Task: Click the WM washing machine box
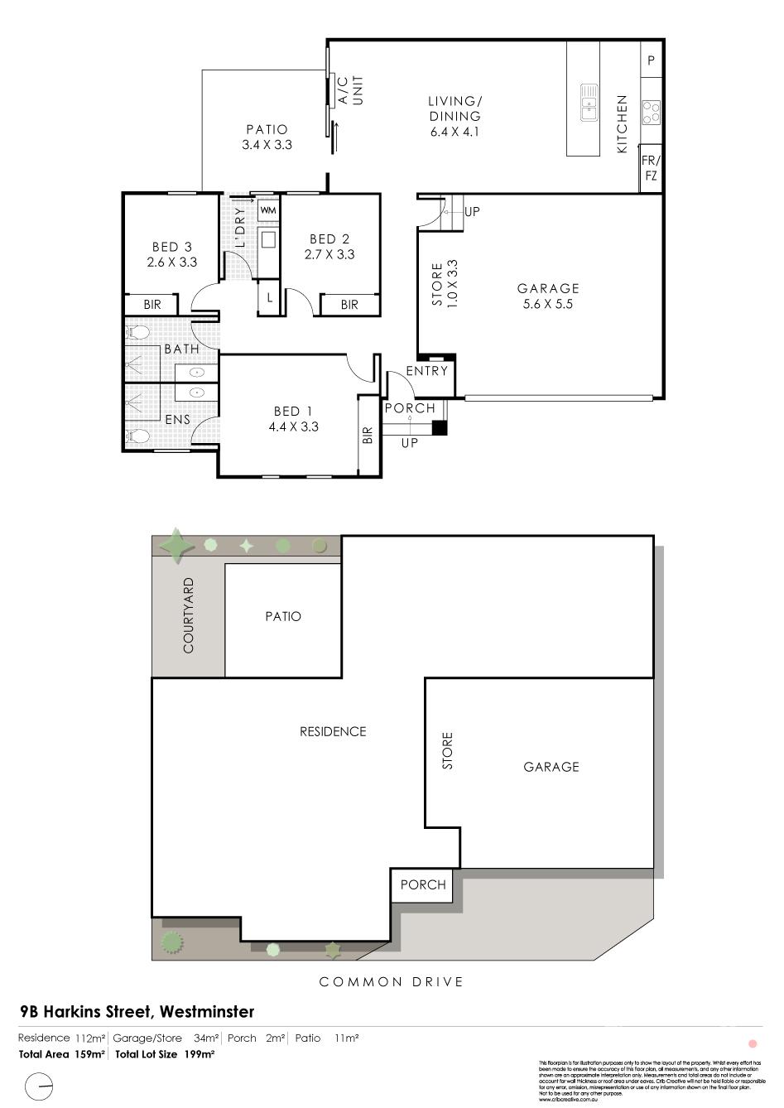pyautogui.click(x=268, y=210)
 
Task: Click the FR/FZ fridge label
pyautogui.click(x=651, y=170)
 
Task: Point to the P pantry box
pyautogui.click(x=652, y=60)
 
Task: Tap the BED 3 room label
pyautogui.click(x=172, y=254)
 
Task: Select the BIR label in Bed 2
pyautogui.click(x=349, y=305)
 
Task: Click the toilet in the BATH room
pyautogui.click(x=139, y=333)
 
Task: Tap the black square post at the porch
pyautogui.click(x=440, y=428)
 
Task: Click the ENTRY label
pyautogui.click(x=427, y=371)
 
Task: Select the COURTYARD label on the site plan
pyautogui.click(x=188, y=615)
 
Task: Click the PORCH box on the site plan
pyautogui.click(x=423, y=884)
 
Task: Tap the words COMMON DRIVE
pyautogui.click(x=392, y=982)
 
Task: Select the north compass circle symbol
pyautogui.click(x=39, y=1086)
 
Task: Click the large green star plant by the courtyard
pyautogui.click(x=176, y=546)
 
